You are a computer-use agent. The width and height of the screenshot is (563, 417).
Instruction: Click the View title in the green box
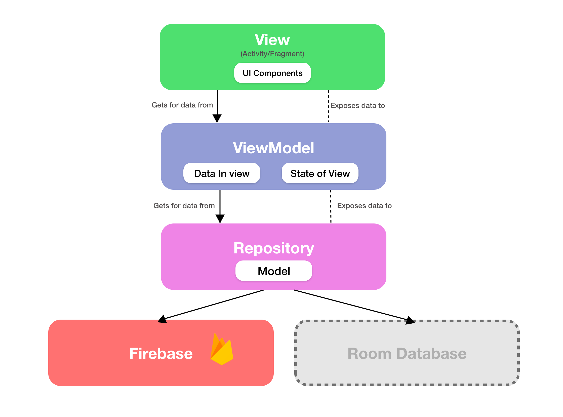pos(272,40)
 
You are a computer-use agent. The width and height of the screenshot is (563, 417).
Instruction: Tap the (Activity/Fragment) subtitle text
pos(272,54)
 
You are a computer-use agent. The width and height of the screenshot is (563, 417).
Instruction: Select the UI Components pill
pos(272,73)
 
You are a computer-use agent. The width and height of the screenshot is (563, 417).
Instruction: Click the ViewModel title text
pos(273,148)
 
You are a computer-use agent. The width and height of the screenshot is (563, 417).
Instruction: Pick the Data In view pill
pos(222,173)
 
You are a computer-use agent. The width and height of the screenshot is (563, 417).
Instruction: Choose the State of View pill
pos(320,173)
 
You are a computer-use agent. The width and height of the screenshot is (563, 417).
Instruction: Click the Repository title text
pos(273,248)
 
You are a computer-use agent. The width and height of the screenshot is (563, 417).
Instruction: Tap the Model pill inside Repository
pos(273,271)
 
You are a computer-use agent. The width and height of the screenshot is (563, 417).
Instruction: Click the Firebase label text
pos(161,353)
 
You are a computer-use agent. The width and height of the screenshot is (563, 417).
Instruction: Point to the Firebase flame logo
pos(221,350)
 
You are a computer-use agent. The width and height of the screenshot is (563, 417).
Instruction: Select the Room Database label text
pos(407,353)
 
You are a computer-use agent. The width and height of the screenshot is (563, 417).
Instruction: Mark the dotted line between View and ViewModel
pos(328,106)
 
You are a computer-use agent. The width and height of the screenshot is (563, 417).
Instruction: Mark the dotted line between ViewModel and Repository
pos(331,206)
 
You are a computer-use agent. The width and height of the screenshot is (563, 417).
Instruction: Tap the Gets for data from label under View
pos(182,105)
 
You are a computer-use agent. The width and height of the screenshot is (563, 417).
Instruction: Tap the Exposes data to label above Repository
pos(364,206)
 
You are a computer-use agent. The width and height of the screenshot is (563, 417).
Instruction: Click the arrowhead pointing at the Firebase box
pos(162,319)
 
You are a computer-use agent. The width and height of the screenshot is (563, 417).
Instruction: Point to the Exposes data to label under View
pos(357,105)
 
